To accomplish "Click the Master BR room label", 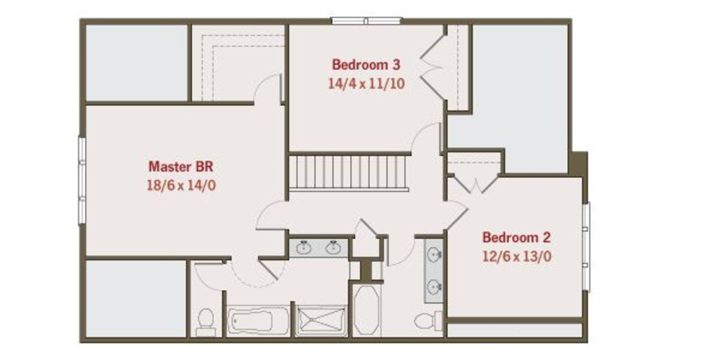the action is click(x=181, y=166).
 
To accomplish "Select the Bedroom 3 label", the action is click(x=366, y=64).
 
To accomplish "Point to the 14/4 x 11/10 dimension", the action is click(x=366, y=84).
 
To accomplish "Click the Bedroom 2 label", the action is click(x=516, y=238).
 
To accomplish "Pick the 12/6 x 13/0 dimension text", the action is click(x=516, y=256).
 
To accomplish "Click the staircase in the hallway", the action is click(x=349, y=172).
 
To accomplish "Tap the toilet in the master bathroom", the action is click(x=205, y=322).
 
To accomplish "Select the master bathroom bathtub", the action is click(x=259, y=321).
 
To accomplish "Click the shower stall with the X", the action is click(x=321, y=321).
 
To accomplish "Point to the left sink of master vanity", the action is click(x=304, y=248).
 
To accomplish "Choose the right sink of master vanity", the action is click(x=333, y=248).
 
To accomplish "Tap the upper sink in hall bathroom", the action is click(x=433, y=254).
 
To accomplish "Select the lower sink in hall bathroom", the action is click(x=433, y=288).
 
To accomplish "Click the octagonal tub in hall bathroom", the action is click(x=367, y=311).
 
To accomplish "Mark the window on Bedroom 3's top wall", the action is click(x=367, y=20).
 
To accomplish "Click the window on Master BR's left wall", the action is click(x=82, y=181).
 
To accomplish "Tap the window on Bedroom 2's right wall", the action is click(x=586, y=247).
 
